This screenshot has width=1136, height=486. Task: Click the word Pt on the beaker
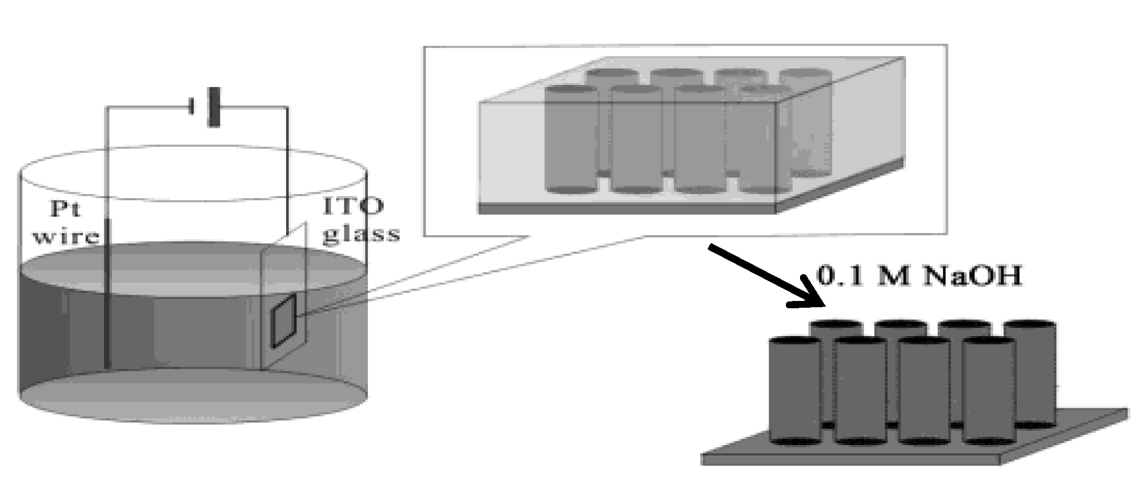(66, 209)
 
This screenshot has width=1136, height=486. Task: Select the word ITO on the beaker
(353, 206)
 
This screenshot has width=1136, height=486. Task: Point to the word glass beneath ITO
(361, 234)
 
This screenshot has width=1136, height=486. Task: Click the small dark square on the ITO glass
(284, 321)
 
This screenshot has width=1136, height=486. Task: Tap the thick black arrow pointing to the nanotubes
(766, 276)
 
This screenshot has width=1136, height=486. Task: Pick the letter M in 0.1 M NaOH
(893, 276)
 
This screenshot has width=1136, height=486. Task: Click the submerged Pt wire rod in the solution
(108, 294)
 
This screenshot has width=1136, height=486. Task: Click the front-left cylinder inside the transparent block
(572, 139)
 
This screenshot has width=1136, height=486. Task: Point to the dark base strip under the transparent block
(627, 209)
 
